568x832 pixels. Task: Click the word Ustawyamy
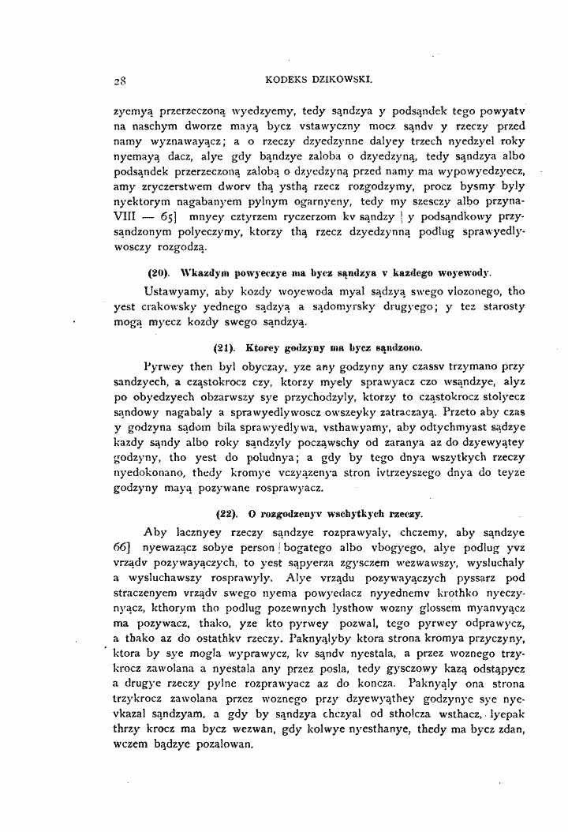[177, 292]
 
